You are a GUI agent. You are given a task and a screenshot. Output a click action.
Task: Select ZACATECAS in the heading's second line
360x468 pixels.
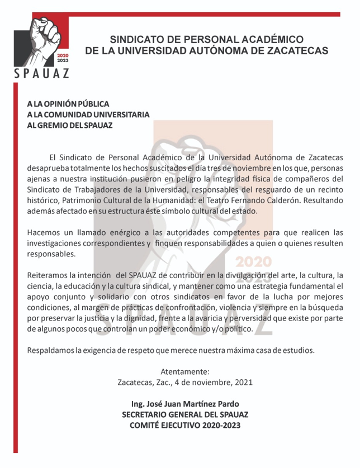tap(293, 50)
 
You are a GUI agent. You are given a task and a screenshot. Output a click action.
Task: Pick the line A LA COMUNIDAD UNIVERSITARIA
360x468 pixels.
tap(88, 114)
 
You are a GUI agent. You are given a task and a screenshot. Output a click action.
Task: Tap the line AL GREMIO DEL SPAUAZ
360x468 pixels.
tap(69, 125)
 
